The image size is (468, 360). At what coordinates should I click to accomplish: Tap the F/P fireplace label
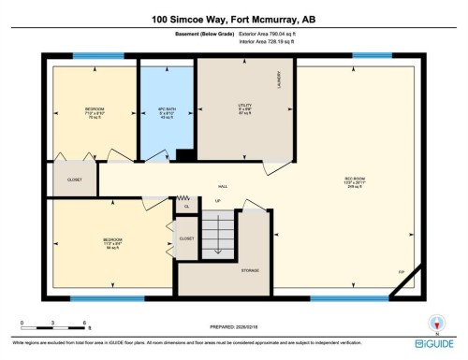point(401,273)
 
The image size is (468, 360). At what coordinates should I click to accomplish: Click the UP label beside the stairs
point(217,201)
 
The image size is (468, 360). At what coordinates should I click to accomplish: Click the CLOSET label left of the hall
point(74,180)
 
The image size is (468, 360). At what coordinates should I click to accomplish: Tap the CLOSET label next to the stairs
point(186,238)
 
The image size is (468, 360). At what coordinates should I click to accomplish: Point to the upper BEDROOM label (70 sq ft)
point(94,110)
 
